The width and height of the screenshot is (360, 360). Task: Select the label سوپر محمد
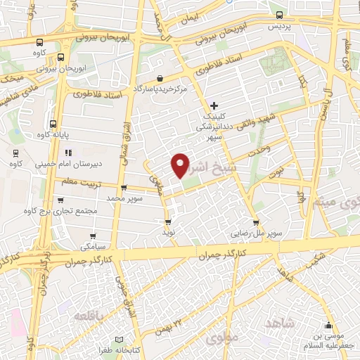click(x=125, y=199)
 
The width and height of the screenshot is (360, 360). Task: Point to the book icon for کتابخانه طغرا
click(x=127, y=339)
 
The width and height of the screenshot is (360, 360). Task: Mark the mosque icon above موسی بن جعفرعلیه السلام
click(x=328, y=325)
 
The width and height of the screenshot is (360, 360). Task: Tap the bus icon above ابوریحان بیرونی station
click(x=62, y=58)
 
